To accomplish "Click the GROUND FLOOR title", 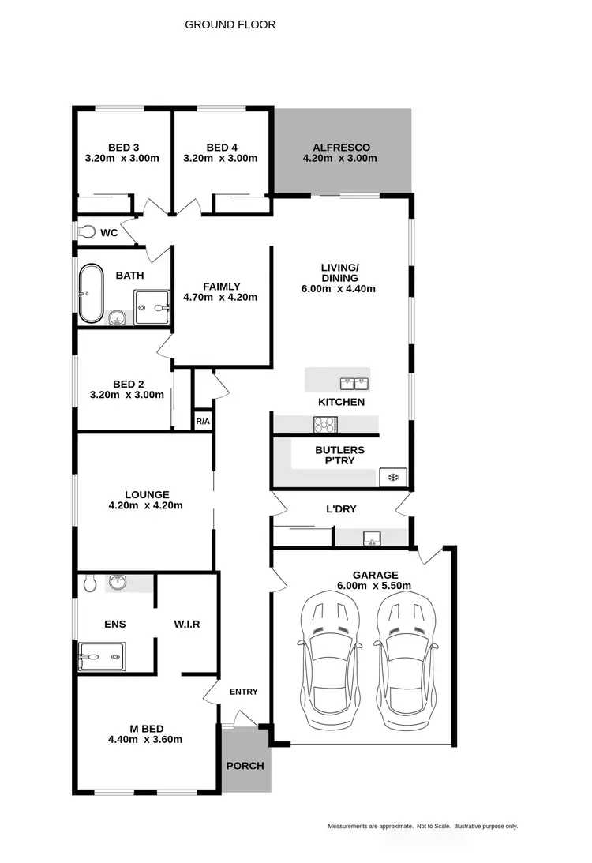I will (230, 24).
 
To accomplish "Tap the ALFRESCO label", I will (341, 148).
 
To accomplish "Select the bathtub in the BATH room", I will (91, 293).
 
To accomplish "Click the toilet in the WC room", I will (87, 232).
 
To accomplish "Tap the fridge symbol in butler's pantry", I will (392, 476).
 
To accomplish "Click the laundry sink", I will (371, 538).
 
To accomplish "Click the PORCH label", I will (245, 766).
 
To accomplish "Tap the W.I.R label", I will (187, 624).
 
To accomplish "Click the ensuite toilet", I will (89, 583).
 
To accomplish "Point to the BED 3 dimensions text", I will (122, 158).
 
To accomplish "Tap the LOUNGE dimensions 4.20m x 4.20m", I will (145, 505).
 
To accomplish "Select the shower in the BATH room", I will (152, 307).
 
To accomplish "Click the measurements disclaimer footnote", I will (422, 826).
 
